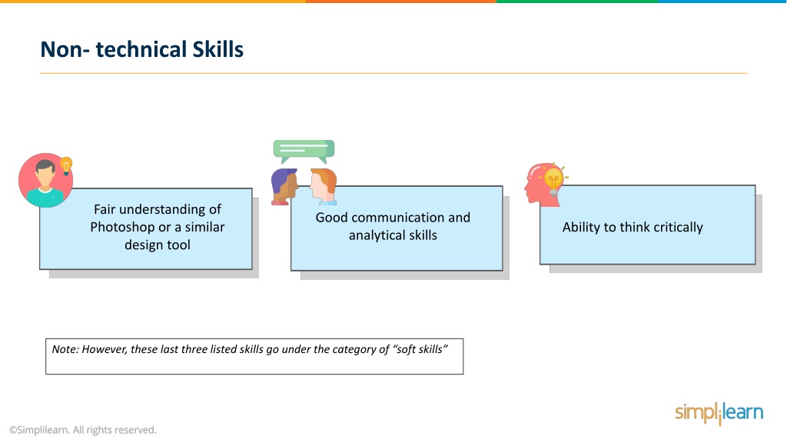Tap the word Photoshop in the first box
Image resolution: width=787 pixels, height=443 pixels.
coord(122,227)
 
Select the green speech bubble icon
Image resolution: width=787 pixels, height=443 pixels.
coord(304,152)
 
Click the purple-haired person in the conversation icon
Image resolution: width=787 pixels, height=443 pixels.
coord(284,186)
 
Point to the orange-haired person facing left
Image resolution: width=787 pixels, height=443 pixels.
coord(323,186)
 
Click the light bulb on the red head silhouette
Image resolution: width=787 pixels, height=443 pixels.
coord(553,179)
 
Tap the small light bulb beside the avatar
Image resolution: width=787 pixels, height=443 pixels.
coord(66,165)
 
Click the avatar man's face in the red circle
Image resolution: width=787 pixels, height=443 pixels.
coord(45,176)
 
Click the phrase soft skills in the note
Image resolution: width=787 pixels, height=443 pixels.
coord(419,349)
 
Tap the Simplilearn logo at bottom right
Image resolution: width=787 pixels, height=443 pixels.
coord(719,413)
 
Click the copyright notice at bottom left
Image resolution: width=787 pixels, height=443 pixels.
coord(83,430)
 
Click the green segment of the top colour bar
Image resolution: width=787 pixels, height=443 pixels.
coord(577,2)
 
